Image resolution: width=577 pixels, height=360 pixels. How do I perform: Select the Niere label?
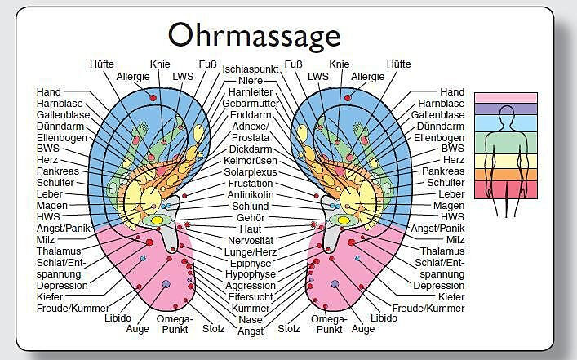coord(251,81)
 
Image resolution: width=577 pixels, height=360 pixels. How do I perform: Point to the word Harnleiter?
coord(251,92)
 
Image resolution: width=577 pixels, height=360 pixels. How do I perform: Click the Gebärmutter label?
coord(251,104)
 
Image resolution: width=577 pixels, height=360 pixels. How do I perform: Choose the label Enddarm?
coord(251,115)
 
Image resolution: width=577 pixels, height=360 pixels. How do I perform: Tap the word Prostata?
coord(251,138)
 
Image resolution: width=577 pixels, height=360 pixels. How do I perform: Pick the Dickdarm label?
coord(251,149)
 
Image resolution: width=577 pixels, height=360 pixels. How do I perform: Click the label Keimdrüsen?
coord(251,161)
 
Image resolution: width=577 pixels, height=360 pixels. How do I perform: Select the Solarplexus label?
coord(251,172)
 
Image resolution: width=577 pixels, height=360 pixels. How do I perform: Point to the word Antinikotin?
coord(251,195)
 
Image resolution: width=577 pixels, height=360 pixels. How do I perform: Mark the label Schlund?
coord(251,207)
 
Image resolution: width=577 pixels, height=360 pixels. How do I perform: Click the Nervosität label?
coord(251,241)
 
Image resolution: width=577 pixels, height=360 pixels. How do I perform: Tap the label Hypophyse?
coord(251,275)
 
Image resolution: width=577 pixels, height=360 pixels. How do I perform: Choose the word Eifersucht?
coord(251,298)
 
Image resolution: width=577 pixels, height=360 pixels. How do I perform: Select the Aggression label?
coord(251,287)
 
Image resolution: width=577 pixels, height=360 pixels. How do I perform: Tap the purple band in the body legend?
coord(506,109)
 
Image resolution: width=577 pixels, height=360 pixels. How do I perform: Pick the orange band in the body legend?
coord(506,174)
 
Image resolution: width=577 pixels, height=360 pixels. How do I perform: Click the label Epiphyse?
coord(251,264)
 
